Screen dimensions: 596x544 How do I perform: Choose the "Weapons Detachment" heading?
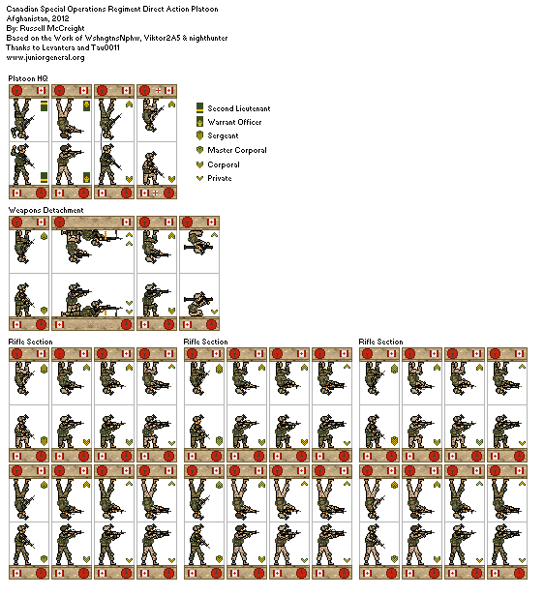pyautogui.click(x=46, y=209)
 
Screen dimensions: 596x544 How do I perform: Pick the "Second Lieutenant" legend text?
pyautogui.click(x=238, y=108)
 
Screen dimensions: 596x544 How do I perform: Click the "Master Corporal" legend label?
pyautogui.click(x=237, y=150)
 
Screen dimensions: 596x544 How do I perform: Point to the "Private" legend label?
pyautogui.click(x=220, y=178)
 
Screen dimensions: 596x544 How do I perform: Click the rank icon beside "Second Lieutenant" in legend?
pyautogui.click(x=199, y=108)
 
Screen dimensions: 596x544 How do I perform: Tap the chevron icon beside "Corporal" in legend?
pyautogui.click(x=199, y=164)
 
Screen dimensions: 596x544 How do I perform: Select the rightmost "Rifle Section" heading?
pyautogui.click(x=381, y=342)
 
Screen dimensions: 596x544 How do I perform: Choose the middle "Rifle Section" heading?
pyautogui.click(x=206, y=342)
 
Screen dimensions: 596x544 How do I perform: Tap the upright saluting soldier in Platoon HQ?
pyautogui.click(x=22, y=162)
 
